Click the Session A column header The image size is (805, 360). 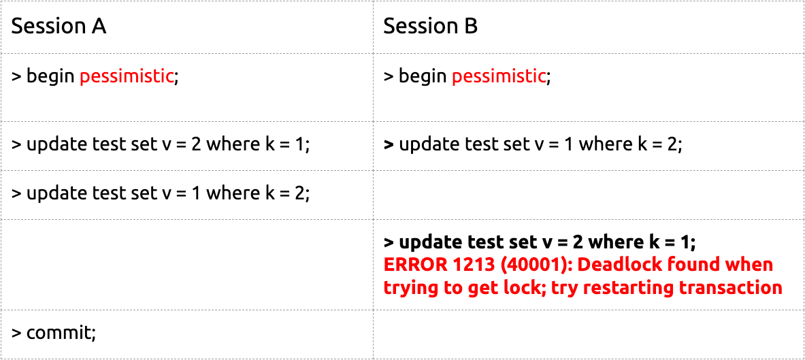[59, 26]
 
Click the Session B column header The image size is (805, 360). [430, 26]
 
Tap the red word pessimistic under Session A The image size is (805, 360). [127, 78]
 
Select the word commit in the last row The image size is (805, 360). [59, 333]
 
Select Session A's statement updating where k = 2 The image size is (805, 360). [161, 193]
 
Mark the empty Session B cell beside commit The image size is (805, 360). [589, 334]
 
